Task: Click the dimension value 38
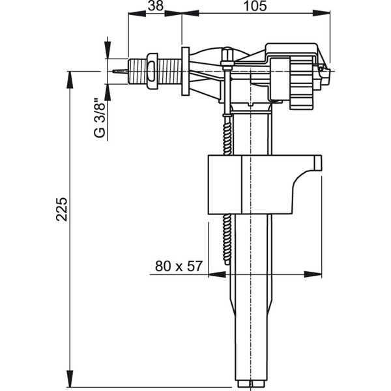click(x=156, y=6)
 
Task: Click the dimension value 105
click(x=255, y=6)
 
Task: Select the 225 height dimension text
click(x=61, y=209)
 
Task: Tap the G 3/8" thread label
click(x=100, y=119)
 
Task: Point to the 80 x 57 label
click(x=179, y=266)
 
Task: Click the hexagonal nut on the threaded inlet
click(x=152, y=71)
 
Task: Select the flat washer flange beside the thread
click(x=185, y=71)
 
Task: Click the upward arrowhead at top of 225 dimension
click(x=70, y=80)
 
